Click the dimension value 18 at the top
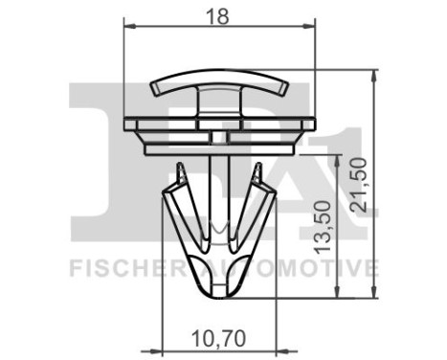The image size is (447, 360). click(x=222, y=14)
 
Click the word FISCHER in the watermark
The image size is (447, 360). click(x=118, y=267)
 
